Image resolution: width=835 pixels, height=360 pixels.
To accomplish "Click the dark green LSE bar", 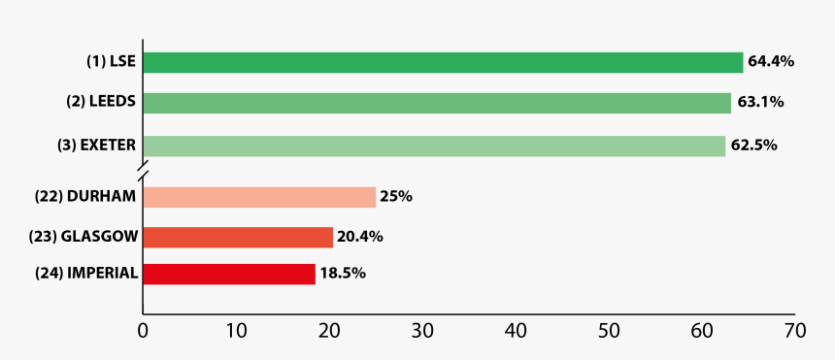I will [x=443, y=62].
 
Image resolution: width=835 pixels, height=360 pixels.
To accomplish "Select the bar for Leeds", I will [x=437, y=103].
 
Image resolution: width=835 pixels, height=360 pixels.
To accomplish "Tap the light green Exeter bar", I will [x=434, y=146].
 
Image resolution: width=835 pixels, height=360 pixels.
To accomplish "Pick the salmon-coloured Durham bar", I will [x=259, y=197].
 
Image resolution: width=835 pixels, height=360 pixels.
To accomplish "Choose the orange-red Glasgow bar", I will [x=238, y=237].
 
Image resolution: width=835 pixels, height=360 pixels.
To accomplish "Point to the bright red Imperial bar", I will [x=229, y=274].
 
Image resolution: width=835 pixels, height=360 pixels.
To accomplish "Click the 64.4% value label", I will [x=771, y=61].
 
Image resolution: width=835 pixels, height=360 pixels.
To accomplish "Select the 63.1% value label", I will [x=760, y=102].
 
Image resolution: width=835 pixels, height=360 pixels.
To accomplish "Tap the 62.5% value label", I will [x=753, y=146].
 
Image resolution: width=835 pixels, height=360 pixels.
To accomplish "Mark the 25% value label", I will [x=396, y=197].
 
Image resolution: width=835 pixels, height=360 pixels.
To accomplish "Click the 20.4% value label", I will [x=360, y=237].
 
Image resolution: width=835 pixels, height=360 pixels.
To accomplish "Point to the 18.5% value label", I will [x=343, y=274].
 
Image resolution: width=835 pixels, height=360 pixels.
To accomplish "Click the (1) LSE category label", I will [x=111, y=61].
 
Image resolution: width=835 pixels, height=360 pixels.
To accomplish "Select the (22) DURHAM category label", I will [x=85, y=196].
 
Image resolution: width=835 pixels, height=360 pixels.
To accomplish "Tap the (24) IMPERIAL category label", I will [x=86, y=274].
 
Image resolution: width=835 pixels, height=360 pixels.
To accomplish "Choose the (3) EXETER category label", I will [x=96, y=146].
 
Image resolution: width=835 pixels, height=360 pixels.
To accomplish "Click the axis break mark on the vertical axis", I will [x=143, y=173].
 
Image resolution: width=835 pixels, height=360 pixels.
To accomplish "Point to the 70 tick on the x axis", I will [x=794, y=331].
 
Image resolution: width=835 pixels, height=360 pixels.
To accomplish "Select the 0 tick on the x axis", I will [x=144, y=331].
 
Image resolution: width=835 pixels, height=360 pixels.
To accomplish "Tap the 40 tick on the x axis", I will [x=516, y=331].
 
